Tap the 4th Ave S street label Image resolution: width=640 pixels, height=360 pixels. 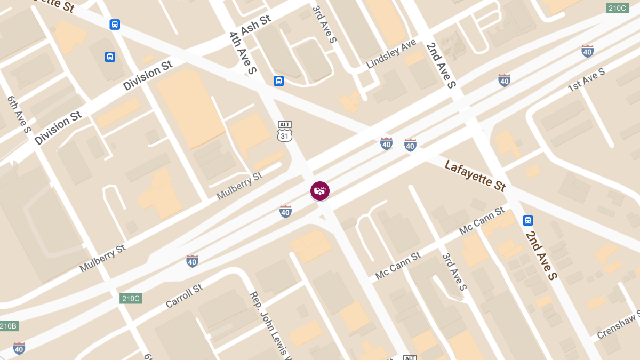(x=243, y=52)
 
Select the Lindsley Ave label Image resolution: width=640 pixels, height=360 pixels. (x=391, y=54)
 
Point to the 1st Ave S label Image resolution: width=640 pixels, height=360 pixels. (x=586, y=79)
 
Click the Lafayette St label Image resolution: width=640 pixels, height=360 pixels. (x=475, y=175)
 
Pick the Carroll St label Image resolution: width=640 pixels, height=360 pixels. (x=184, y=296)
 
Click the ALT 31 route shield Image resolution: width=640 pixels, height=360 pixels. (x=285, y=131)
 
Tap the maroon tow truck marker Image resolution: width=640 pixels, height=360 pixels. (x=320, y=190)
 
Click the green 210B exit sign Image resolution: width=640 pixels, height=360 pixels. (x=8, y=326)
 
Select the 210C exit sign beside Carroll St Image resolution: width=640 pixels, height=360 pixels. (x=130, y=298)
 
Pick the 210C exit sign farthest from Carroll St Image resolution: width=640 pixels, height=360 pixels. (x=617, y=8)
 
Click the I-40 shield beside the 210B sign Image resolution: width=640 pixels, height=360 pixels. (x=19, y=348)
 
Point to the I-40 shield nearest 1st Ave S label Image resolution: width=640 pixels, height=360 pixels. (x=587, y=51)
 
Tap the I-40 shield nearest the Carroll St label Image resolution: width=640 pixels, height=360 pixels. (x=193, y=261)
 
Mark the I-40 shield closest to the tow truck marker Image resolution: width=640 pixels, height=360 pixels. (x=285, y=212)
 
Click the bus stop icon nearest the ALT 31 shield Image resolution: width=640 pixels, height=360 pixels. (x=278, y=81)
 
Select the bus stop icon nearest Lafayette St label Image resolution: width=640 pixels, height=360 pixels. (x=527, y=220)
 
